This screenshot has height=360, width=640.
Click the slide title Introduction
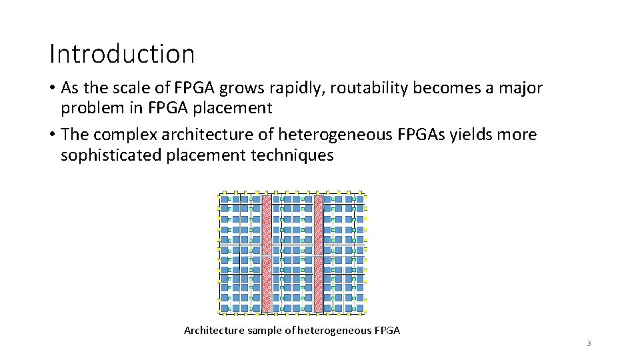click(x=121, y=54)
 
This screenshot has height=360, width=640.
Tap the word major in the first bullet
click(x=521, y=88)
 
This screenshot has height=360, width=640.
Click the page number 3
click(x=589, y=343)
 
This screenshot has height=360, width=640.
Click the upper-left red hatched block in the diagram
click(x=267, y=225)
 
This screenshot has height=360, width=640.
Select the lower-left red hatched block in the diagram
click(x=267, y=285)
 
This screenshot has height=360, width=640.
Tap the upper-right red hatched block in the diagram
click(x=318, y=225)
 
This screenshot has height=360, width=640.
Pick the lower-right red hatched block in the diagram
click(x=318, y=285)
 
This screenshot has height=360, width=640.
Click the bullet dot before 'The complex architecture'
click(x=52, y=135)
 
